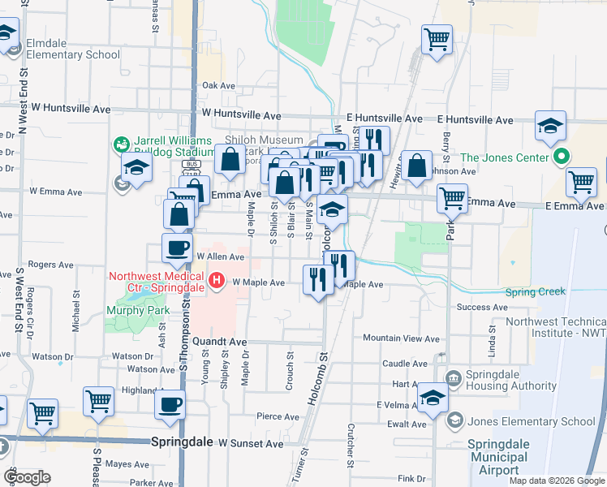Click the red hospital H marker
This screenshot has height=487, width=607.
point(217,282)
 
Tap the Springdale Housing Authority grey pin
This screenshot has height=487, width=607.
point(452,377)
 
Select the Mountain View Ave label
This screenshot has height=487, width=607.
point(401,338)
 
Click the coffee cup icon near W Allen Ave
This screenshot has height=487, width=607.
point(177,248)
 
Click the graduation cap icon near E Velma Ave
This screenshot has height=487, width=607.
point(433,397)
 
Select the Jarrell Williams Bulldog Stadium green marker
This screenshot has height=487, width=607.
point(121,144)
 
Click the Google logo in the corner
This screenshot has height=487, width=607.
point(27,477)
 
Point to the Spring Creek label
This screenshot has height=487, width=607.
point(535,292)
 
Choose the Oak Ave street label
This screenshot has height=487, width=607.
point(218,85)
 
